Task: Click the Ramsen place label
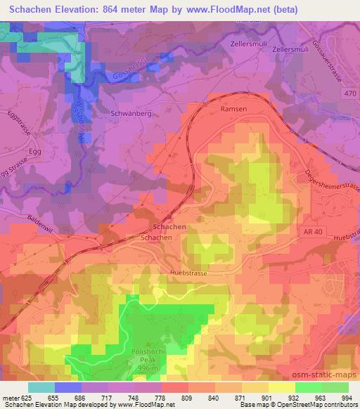click(233, 110)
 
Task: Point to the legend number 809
click(167, 397)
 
